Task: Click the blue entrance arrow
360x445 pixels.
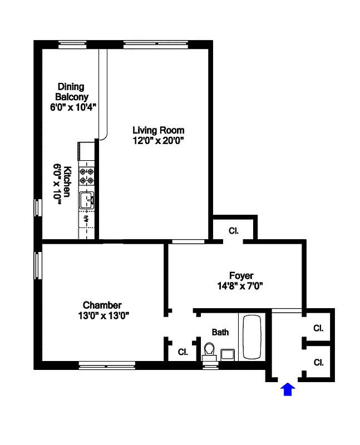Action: click(x=287, y=389)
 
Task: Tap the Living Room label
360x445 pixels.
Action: click(x=158, y=130)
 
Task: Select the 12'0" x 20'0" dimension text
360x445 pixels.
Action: click(x=158, y=141)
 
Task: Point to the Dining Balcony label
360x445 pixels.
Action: click(x=72, y=91)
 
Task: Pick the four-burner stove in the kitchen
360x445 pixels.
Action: click(x=87, y=176)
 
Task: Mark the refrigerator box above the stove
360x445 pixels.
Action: click(x=87, y=151)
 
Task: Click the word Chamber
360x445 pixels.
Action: click(x=102, y=305)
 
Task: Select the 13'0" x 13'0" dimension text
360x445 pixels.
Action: click(x=102, y=315)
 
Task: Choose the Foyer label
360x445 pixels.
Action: click(x=241, y=276)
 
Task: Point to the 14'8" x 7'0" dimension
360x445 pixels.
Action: click(x=241, y=286)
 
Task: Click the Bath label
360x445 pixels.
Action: click(x=220, y=332)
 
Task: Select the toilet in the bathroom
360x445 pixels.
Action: click(x=209, y=351)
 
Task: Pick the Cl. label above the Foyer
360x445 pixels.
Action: click(x=234, y=230)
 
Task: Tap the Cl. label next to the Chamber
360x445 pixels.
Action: click(x=183, y=352)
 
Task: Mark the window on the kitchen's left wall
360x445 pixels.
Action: click(x=37, y=207)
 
